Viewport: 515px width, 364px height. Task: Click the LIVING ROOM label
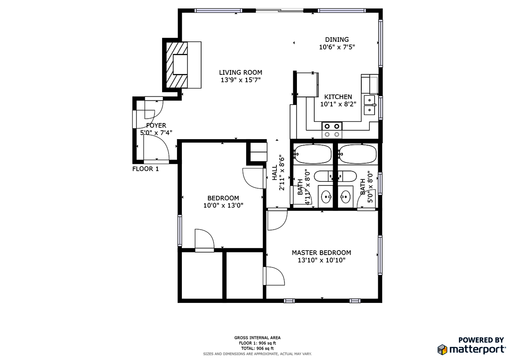point(240,72)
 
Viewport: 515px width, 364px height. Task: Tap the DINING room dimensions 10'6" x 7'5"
point(337,47)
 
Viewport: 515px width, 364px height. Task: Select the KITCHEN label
point(338,97)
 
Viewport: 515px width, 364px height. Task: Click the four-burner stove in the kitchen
point(332,130)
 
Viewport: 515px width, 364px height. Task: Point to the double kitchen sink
point(370,104)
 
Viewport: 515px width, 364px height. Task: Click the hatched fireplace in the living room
point(177,64)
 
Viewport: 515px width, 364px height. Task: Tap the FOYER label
point(156,125)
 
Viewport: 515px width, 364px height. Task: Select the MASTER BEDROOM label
point(321,253)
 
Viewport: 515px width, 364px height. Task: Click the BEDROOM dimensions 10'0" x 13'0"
point(223,206)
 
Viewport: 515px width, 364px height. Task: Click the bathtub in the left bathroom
point(312,154)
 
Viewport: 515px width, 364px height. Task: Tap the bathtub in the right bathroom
point(357,154)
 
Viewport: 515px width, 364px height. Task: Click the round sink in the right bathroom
point(345,197)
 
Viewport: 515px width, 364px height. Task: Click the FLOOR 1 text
point(145,169)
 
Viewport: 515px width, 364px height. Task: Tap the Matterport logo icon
point(443,349)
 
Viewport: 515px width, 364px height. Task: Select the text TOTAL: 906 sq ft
point(257,348)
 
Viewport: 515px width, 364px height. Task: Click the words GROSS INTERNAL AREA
point(257,338)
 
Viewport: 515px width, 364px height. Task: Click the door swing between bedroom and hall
point(253,178)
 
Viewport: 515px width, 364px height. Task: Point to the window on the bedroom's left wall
point(180,230)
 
